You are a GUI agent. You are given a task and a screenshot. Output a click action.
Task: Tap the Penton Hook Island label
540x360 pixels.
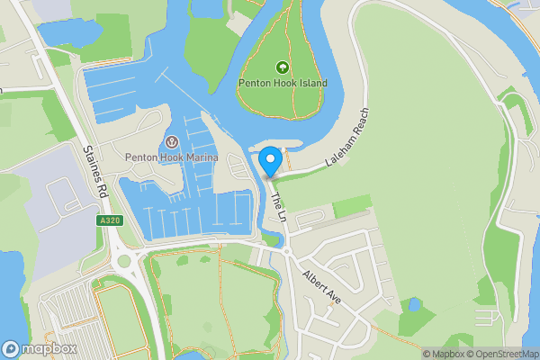click(283, 84)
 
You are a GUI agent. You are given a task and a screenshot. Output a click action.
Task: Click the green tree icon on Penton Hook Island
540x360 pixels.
click(283, 67)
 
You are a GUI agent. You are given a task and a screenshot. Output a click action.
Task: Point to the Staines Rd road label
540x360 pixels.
click(95, 174)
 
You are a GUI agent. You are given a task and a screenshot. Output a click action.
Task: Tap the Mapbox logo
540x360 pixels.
click(40, 349)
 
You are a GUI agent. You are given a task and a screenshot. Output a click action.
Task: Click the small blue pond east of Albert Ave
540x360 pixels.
click(414, 304)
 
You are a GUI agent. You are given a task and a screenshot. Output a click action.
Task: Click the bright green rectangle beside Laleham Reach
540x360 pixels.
click(352, 206)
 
